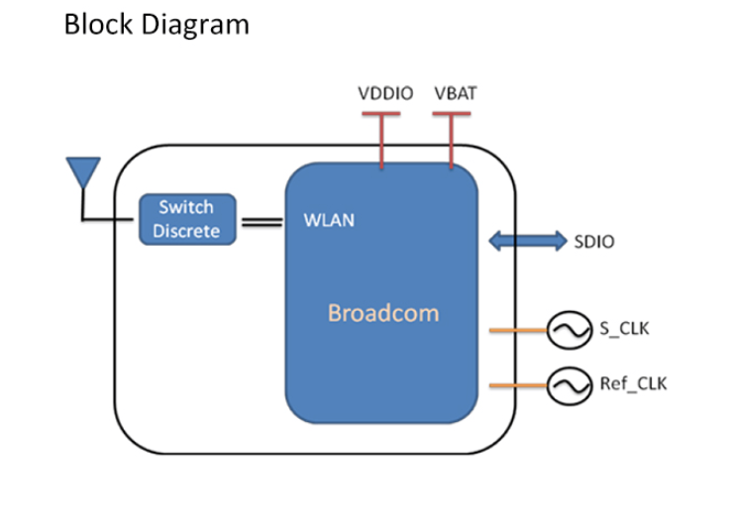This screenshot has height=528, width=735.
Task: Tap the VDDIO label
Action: click(385, 95)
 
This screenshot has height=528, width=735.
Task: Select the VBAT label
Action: click(455, 95)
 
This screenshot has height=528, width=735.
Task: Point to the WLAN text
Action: click(328, 220)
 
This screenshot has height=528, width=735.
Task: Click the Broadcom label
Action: click(382, 314)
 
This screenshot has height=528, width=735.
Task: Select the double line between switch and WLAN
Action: click(261, 223)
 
